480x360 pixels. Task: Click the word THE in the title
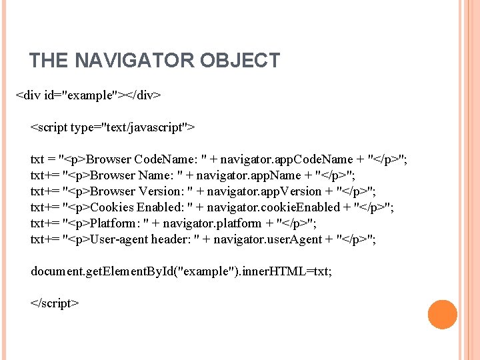pyautogui.click(x=49, y=61)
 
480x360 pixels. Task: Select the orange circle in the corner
pyautogui.click(x=442, y=315)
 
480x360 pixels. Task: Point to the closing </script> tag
pyautogui.click(x=55, y=303)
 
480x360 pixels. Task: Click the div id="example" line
pyautogui.click(x=88, y=95)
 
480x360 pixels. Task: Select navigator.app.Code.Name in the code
pyautogui.click(x=287, y=159)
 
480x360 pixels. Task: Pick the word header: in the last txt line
pyautogui.click(x=171, y=239)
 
